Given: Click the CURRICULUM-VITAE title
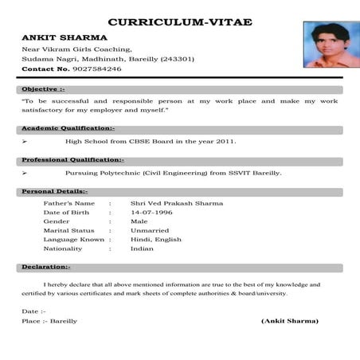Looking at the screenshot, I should (x=179, y=22).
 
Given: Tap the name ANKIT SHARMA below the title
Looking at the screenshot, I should (x=54, y=37).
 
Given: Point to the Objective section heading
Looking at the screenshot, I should (x=43, y=89).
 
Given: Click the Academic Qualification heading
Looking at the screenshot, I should (x=68, y=128).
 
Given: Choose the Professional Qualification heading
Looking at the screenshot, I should (x=72, y=160).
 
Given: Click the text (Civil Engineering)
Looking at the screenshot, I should (x=182, y=173).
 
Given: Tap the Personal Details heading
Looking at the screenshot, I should (x=54, y=192).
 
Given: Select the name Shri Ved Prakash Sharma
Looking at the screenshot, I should (x=177, y=203).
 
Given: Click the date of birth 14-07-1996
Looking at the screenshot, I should (x=151, y=213).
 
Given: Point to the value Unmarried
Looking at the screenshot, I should (x=151, y=230).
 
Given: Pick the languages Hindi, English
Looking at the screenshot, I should (x=156, y=240).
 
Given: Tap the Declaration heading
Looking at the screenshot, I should (x=45, y=267).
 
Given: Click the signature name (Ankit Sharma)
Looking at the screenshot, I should (x=290, y=321).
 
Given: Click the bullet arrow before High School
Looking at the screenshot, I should (x=25, y=142).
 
